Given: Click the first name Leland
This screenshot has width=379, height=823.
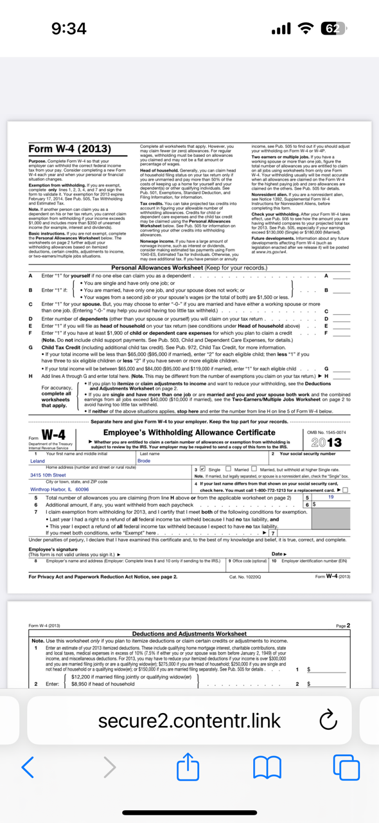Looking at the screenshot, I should coord(38,461).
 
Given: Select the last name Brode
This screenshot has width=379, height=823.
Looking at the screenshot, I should coord(144,461).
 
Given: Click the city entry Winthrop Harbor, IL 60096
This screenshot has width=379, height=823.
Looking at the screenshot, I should coord(60,489).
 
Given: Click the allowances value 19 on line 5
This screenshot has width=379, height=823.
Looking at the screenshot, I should coord(331,497).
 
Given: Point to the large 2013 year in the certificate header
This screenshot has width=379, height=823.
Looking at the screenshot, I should coord(326,443).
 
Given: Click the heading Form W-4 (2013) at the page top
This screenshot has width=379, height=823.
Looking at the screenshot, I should coord(70,149).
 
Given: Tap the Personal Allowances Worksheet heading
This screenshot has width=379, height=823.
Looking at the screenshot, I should coord(189,267).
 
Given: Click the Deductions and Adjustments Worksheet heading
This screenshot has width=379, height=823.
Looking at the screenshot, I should coord(189,634).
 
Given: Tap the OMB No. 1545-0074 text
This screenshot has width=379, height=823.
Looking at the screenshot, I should coord(326,432).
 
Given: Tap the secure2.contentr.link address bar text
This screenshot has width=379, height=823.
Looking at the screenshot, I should coord(189,721).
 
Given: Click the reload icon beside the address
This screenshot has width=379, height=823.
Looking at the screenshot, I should coord(328,721).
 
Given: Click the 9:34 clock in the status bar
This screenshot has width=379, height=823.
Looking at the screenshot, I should coord(69,29).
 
